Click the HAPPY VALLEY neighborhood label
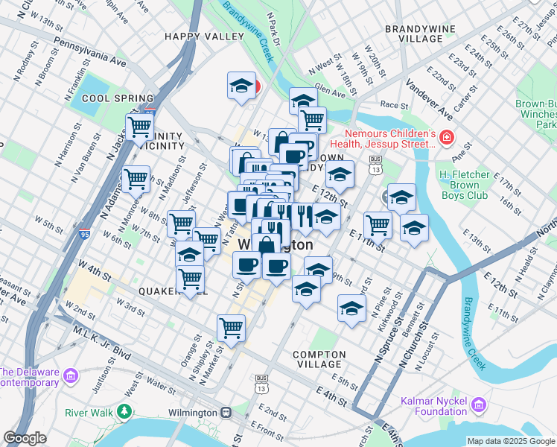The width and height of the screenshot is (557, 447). coord(204,36)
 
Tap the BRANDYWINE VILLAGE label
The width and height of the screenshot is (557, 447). coord(416,34)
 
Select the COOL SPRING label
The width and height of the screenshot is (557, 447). coord(118,98)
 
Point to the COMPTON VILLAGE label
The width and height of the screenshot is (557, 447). coord(319,360)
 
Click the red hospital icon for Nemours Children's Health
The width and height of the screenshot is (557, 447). coord(446,138)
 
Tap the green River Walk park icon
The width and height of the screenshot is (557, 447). coord(124,411)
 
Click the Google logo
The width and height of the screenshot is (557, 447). coord(25,438)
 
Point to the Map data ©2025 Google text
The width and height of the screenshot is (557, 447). coord(511,441)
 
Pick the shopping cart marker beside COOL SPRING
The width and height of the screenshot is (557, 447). coord(139,127)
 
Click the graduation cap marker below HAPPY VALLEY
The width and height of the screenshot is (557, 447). coord(241,86)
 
